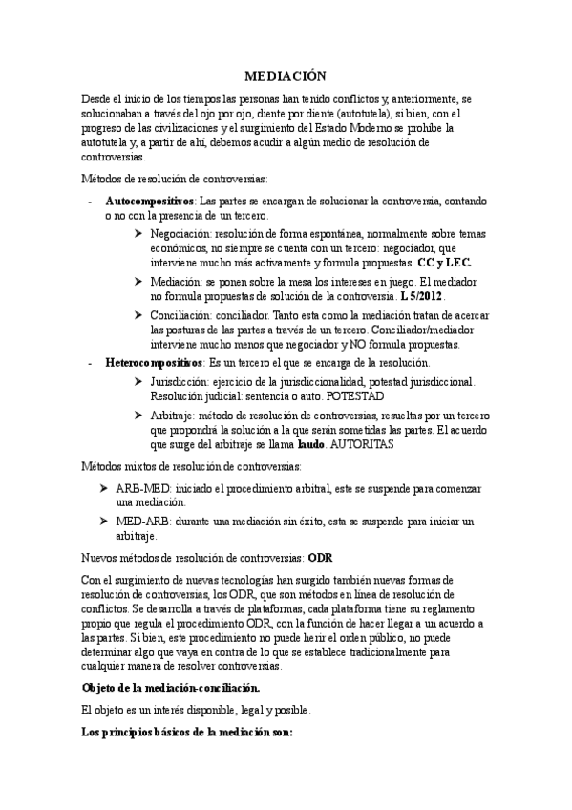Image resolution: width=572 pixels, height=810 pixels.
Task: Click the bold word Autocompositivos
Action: click(x=150, y=202)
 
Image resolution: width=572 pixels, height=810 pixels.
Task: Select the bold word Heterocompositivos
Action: click(x=154, y=363)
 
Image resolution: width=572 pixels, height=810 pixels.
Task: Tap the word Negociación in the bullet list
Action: click(x=180, y=232)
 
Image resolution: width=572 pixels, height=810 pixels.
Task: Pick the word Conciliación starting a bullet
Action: click(x=180, y=315)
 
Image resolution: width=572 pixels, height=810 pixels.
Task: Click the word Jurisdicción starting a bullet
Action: click(x=180, y=381)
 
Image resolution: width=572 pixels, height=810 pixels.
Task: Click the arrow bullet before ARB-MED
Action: click(x=106, y=488)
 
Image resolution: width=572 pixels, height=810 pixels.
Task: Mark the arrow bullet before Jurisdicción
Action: click(x=139, y=381)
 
